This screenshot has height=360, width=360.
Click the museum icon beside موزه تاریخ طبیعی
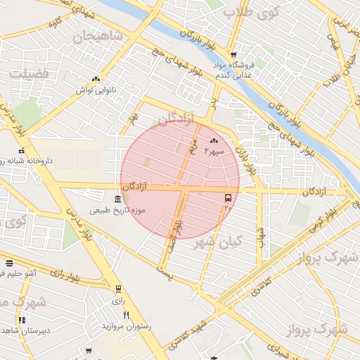click(x=117, y=200)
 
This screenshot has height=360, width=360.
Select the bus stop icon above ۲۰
click(x=228, y=198)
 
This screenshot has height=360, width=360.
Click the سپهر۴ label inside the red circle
click(x=214, y=151)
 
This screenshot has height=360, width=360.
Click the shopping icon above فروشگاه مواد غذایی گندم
click(x=233, y=56)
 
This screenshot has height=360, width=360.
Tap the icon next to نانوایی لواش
click(x=95, y=79)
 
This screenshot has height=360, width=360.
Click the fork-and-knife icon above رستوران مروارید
click(x=127, y=315)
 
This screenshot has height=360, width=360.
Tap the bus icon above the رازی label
click(x=117, y=289)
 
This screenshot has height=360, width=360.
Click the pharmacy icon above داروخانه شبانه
click(x=22, y=150)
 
